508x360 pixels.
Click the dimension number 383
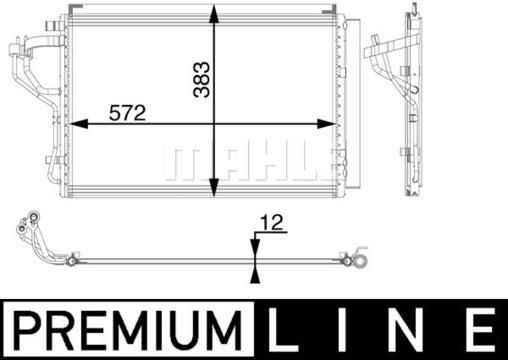[202, 80]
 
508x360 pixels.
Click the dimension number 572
[127, 113]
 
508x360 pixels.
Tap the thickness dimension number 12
[272, 223]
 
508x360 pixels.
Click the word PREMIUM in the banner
[128, 330]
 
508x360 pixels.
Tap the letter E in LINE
[483, 330]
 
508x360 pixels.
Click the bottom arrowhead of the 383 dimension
[214, 188]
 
